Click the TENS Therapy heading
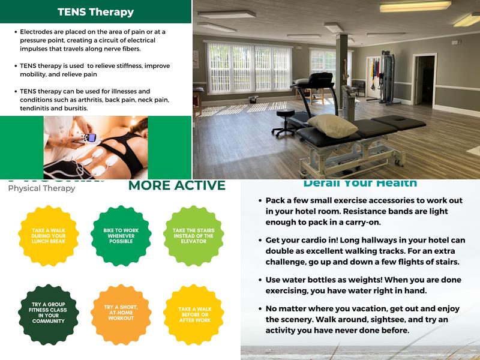pos(95,12)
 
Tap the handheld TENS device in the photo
pos(90,137)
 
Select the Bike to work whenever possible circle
pos(121,236)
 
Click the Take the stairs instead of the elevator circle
pos(193,236)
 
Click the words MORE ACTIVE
pos(176,185)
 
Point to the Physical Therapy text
pos(41,188)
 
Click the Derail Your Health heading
pos(360,183)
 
